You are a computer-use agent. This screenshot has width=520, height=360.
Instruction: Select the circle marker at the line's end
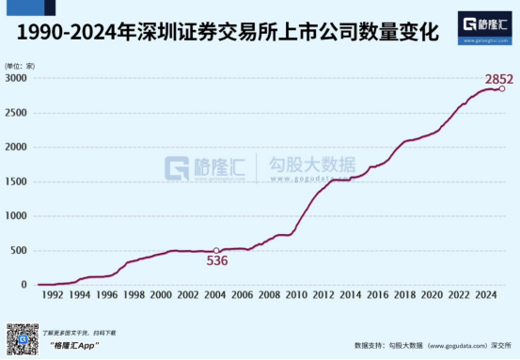point(502,88)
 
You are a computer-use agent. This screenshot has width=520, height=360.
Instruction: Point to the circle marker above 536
point(217,250)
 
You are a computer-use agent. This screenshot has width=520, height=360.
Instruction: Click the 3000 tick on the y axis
point(17,78)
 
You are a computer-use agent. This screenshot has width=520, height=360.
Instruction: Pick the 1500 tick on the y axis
point(17,181)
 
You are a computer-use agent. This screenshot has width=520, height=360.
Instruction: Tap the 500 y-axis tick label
point(20,250)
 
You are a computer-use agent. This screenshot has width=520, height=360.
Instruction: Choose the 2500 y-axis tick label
point(17,113)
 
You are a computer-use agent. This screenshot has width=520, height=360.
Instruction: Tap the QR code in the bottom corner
point(23,339)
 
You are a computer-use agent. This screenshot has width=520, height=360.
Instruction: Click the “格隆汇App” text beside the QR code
point(74,346)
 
